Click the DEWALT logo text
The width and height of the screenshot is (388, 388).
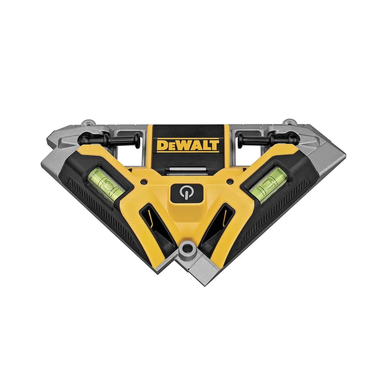(x=188, y=145)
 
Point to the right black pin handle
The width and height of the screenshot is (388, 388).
(x=268, y=138)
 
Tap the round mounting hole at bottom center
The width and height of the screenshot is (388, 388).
(x=187, y=249)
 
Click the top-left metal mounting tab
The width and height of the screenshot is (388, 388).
(x=87, y=123)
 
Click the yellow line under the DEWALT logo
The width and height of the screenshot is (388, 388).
(x=188, y=152)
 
